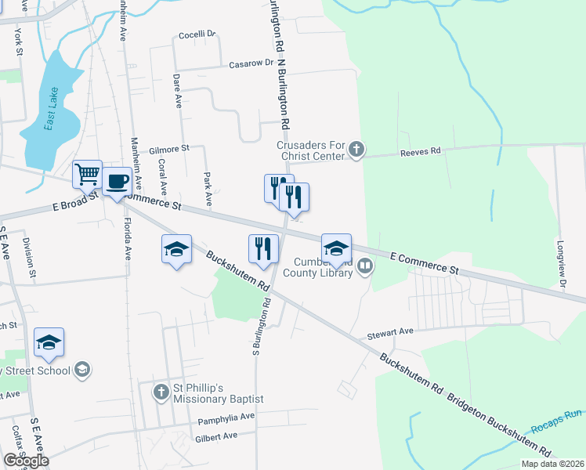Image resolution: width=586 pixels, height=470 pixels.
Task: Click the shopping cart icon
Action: (x=87, y=174)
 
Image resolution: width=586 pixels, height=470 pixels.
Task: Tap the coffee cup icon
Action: (x=117, y=182)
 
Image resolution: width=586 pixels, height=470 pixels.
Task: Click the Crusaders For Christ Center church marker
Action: (x=356, y=149)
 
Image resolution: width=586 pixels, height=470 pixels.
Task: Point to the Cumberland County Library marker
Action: (x=364, y=267)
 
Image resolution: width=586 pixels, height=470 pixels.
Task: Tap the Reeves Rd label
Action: (x=420, y=150)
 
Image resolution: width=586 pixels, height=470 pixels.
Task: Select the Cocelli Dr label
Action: (x=197, y=34)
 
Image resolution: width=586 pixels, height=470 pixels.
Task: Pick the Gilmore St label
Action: (x=169, y=147)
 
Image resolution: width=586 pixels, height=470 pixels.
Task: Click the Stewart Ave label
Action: (x=390, y=331)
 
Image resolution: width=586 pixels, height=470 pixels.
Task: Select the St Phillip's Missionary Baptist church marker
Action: (x=161, y=391)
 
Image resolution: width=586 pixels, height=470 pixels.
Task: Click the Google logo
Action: (x=25, y=461)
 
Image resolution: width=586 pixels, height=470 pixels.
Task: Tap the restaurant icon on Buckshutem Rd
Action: (x=263, y=249)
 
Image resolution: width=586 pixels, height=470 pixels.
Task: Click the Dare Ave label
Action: (x=177, y=90)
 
